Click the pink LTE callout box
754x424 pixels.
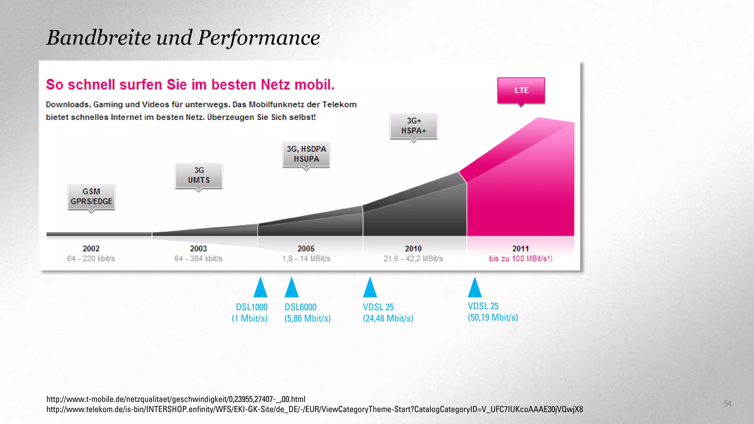pyautogui.click(x=521, y=91)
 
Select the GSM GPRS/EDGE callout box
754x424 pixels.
pyautogui.click(x=91, y=197)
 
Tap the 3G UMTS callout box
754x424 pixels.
pyautogui.click(x=199, y=175)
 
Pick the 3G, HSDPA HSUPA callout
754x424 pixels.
pyautogui.click(x=306, y=154)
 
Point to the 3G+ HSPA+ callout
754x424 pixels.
pyautogui.click(x=413, y=126)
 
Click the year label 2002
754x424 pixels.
pyautogui.click(x=91, y=249)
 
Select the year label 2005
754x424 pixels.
pyautogui.click(x=306, y=249)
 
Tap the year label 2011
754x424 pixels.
pyautogui.click(x=520, y=249)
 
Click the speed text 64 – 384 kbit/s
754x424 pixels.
pyautogui.click(x=198, y=259)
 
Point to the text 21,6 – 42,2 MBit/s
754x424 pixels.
pyautogui.click(x=413, y=259)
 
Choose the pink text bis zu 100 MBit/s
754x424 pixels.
pyautogui.click(x=520, y=259)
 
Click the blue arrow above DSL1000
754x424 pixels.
pyautogui.click(x=260, y=288)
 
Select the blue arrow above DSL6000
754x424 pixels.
pyautogui.click(x=292, y=288)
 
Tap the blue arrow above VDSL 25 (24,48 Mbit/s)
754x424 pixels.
pyautogui.click(x=370, y=288)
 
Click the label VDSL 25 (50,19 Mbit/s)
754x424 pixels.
pyautogui.click(x=493, y=312)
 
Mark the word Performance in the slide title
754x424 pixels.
pyautogui.click(x=259, y=38)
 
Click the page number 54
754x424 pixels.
pyautogui.click(x=727, y=404)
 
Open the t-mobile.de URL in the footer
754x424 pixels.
pyautogui.click(x=176, y=399)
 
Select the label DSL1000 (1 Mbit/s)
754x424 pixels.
pyautogui.click(x=250, y=312)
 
